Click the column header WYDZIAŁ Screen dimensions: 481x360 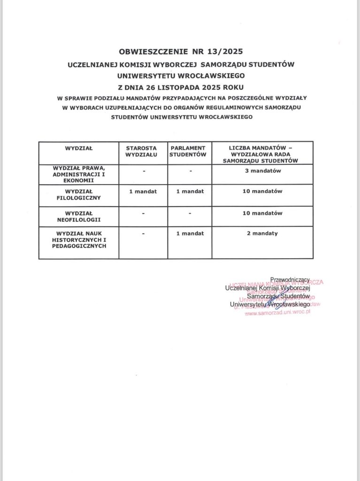79,148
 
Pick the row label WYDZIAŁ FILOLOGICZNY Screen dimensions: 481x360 79,194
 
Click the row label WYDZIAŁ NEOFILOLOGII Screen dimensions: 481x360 79,216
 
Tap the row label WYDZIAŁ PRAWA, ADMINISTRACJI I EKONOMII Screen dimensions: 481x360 79,173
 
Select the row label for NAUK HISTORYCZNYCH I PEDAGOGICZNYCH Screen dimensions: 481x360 79,239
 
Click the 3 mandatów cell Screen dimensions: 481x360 263,171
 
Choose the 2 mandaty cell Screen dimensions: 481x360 263,233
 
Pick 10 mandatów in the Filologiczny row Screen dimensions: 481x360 263,191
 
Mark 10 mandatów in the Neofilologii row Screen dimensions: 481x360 263,213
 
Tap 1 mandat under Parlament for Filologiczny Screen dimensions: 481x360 191,191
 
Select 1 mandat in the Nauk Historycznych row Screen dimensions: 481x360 191,233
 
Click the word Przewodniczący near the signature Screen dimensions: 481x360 291,280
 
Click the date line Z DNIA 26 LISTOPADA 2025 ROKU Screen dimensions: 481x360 180,87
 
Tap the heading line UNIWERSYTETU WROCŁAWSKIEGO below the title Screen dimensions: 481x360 180,75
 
